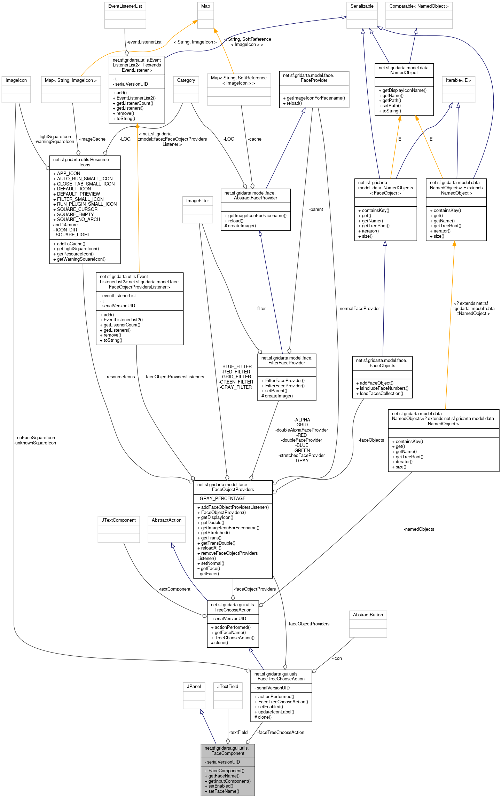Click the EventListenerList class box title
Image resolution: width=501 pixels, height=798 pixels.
(125, 6)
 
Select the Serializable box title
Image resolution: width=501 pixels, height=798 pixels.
(362, 6)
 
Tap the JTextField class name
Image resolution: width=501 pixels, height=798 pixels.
(228, 686)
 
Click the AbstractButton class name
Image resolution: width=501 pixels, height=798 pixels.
(368, 615)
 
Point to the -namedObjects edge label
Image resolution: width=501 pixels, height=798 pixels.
(419, 529)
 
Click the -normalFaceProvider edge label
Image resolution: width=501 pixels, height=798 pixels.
(359, 308)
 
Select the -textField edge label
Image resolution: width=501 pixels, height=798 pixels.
(238, 732)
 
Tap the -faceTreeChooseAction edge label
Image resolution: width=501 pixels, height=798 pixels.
(281, 732)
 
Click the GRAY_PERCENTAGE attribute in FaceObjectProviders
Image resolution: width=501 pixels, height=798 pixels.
(222, 498)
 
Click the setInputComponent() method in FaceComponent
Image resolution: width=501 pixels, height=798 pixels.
(229, 781)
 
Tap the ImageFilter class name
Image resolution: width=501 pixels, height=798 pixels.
(197, 201)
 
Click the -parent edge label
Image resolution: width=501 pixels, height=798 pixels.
(316, 210)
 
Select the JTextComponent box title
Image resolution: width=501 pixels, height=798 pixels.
(118, 520)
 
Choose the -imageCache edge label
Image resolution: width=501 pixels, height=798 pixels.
(92, 139)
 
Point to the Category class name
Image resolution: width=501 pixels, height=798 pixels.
(186, 80)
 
